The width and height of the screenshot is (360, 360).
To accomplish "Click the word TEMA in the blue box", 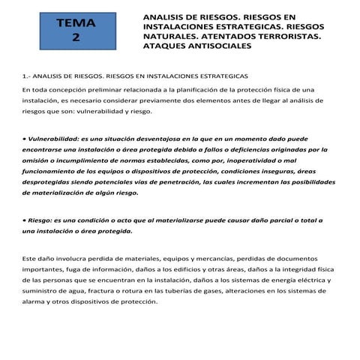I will (76, 24).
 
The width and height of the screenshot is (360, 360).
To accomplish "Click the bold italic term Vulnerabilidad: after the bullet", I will (53, 139).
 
